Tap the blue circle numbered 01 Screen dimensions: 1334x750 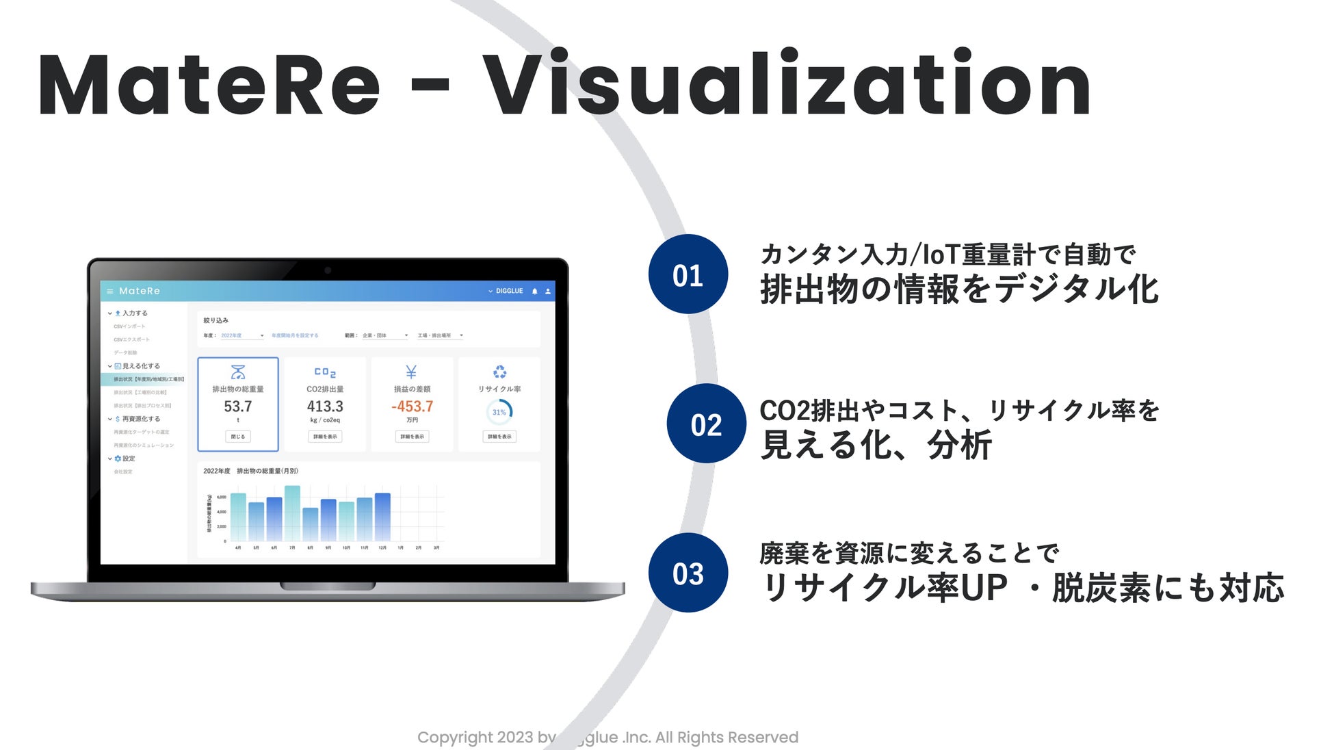pos(688,274)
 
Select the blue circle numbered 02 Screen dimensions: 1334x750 pos(706,424)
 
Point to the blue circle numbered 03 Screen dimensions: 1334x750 pos(688,573)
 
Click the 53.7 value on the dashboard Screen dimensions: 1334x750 pos(238,406)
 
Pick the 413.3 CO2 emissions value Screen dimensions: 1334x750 pos(325,406)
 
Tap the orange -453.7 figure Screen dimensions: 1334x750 pos(412,406)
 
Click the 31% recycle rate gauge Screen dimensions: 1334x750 pos(499,412)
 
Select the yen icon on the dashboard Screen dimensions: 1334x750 pos(411,372)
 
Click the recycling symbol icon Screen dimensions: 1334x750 pos(500,372)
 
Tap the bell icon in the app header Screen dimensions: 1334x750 pos(535,292)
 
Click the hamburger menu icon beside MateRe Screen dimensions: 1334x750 pos(109,292)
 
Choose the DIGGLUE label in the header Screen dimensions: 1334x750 pos(509,291)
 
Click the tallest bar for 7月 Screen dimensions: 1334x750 pos(292,513)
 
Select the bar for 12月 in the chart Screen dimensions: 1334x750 pos(383,517)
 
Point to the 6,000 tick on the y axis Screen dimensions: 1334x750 pos(222,497)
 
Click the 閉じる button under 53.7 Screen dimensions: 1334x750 pos(238,437)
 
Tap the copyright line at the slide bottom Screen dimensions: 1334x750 pos(607,737)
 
